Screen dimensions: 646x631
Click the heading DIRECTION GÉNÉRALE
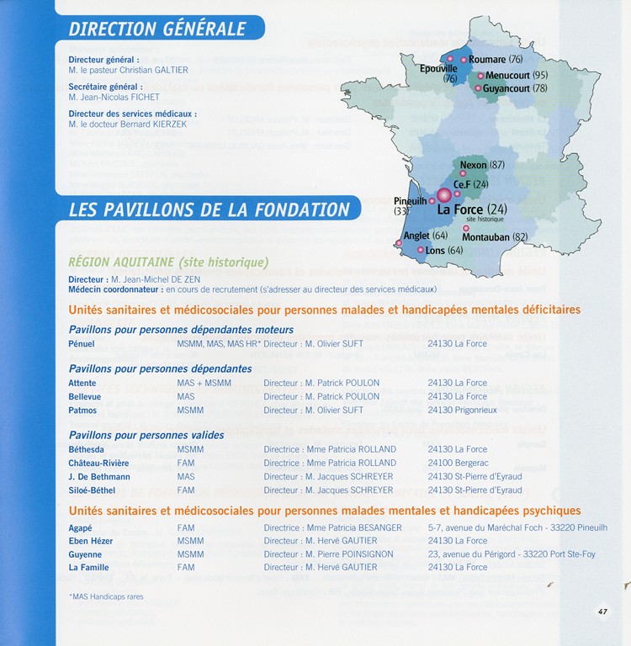point(157,29)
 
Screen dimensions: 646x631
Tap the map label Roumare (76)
point(496,60)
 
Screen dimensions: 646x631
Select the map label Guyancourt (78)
point(516,87)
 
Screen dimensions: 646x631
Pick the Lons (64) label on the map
point(444,251)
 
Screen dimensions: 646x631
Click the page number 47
point(603,612)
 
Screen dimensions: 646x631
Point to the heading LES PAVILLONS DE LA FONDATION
point(209,209)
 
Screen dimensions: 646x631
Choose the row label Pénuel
point(82,343)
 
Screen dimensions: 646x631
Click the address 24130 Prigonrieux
point(462,410)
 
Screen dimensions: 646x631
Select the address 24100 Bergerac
point(458,463)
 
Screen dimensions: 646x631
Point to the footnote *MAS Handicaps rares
point(106,596)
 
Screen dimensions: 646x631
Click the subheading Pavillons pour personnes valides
point(146,435)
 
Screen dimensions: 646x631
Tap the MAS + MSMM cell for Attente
point(204,383)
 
